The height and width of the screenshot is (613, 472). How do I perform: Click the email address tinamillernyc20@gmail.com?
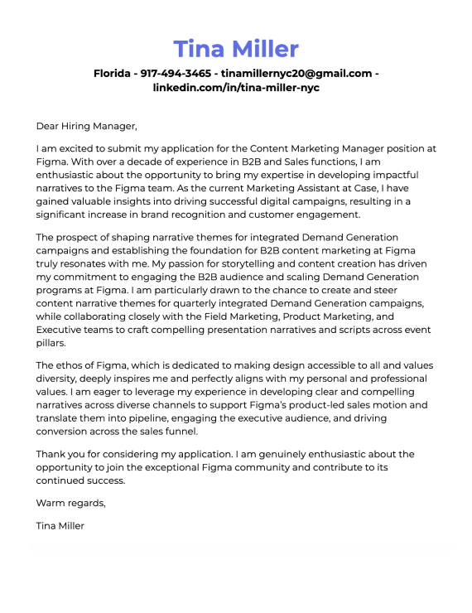click(296, 73)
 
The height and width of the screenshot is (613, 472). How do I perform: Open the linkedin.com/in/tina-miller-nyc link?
click(236, 87)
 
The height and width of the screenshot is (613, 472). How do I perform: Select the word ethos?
click(72, 365)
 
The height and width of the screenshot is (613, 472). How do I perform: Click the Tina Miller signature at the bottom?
click(60, 525)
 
